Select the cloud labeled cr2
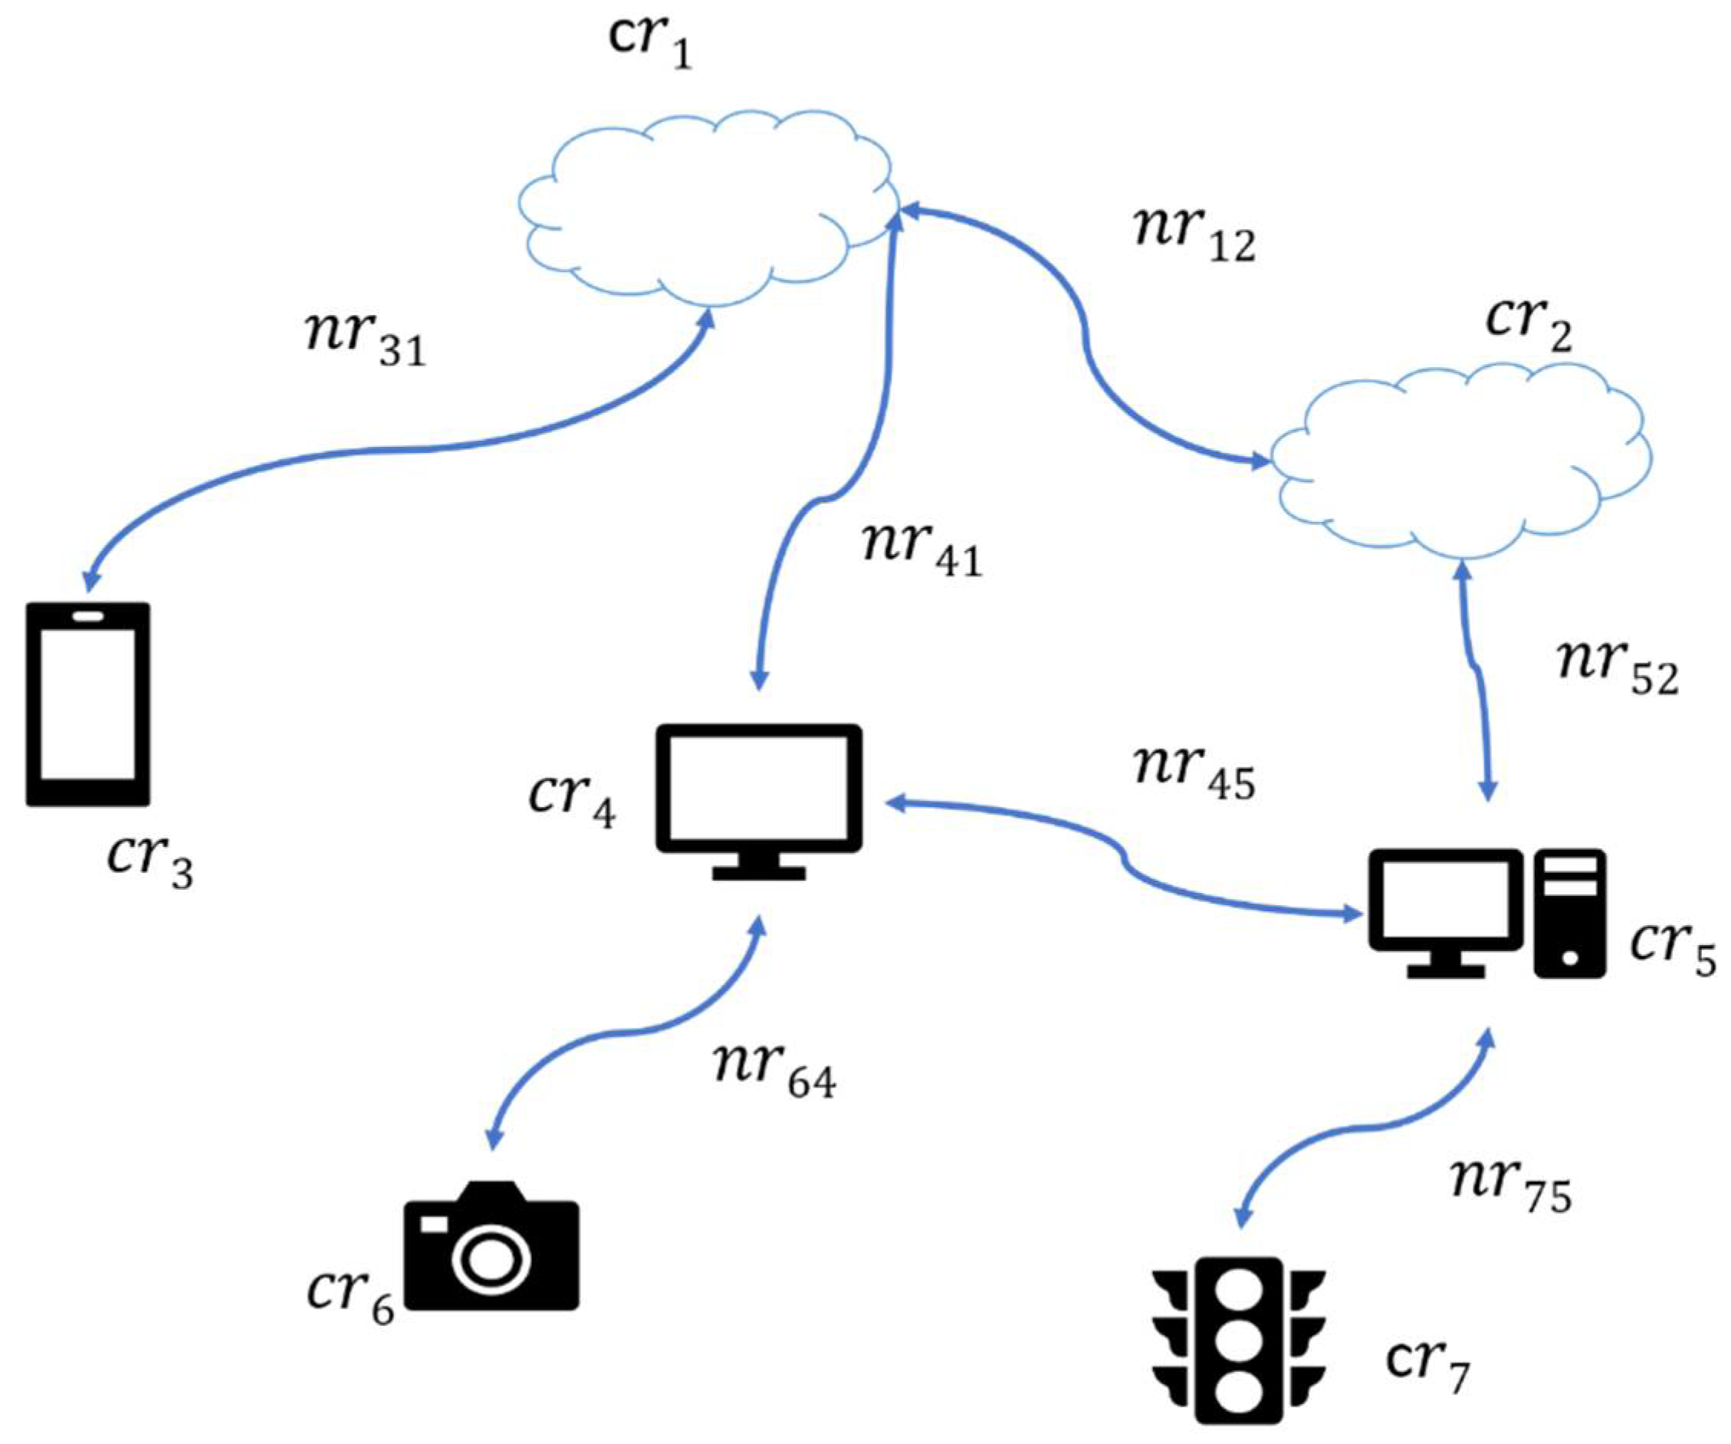coord(1459,466)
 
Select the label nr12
coord(1195,235)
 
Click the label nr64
coord(775,1072)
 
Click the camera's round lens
coord(491,1261)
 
